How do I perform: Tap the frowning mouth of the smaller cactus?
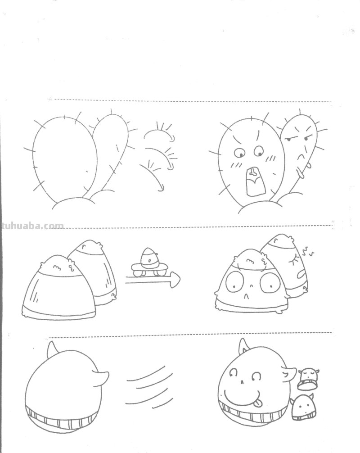tap(299, 157)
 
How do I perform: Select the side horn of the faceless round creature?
tap(102, 375)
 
